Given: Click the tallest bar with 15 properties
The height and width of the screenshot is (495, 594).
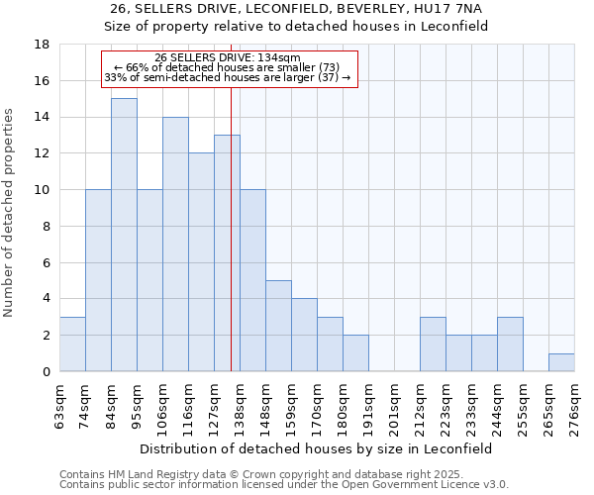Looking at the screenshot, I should [124, 235].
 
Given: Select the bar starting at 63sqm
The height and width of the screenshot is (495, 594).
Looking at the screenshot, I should [72, 344].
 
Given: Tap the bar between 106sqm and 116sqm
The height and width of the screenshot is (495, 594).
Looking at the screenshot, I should [175, 244].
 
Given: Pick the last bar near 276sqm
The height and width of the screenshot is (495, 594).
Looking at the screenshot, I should [561, 362].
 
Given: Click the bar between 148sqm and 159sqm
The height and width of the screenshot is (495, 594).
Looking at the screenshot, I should [278, 326].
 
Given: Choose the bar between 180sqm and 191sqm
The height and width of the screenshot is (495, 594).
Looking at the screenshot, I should [355, 352].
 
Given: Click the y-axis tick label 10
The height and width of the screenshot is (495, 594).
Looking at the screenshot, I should [42, 190].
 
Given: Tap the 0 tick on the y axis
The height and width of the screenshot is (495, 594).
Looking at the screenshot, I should [46, 371].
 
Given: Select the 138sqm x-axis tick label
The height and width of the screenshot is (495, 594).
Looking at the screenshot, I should [240, 407].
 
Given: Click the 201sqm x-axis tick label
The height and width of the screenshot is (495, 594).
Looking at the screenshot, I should [394, 407].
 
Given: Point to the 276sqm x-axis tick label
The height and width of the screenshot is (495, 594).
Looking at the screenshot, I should [574, 407].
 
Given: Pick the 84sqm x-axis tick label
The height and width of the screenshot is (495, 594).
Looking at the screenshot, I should [111, 407].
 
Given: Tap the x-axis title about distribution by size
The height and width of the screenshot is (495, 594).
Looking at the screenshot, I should [316, 448].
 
